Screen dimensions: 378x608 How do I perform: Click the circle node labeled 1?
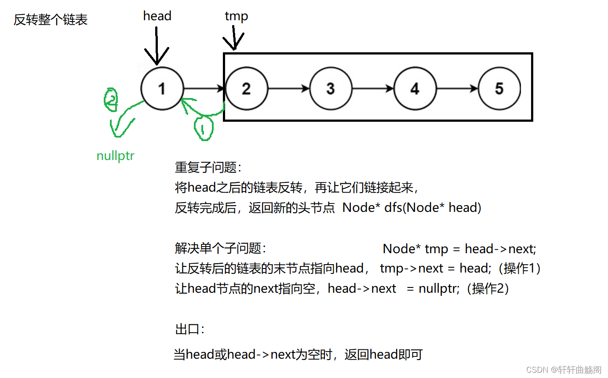[162, 88]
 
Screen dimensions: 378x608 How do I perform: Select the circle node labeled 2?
[246, 88]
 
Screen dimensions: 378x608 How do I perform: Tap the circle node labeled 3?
[331, 88]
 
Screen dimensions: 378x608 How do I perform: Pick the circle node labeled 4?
[415, 88]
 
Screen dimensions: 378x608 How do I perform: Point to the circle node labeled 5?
[499, 88]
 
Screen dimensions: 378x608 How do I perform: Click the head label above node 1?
[157, 16]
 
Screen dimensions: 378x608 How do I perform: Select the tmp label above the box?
[236, 16]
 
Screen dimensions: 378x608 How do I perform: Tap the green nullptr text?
[115, 156]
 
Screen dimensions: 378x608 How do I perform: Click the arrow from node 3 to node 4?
[373, 88]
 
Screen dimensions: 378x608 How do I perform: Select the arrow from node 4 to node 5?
[457, 88]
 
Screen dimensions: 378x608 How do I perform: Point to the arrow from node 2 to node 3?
[288, 88]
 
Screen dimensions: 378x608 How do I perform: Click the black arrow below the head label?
[157, 46]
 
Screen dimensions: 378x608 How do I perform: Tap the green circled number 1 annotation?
[203, 127]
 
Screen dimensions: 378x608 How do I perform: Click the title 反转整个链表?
[51, 20]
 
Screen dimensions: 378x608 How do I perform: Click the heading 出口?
[189, 329]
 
